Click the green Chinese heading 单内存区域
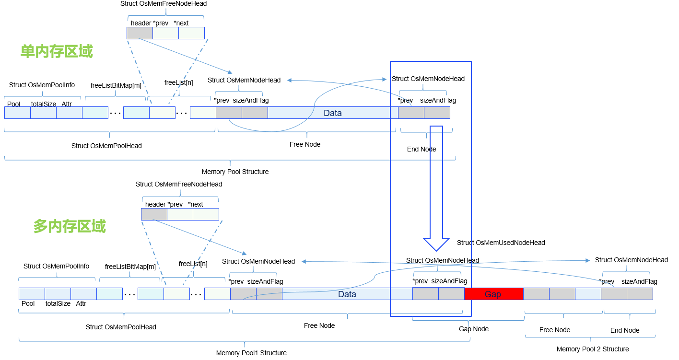57,52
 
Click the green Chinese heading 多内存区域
70,226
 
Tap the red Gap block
493,294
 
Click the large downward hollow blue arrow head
436,244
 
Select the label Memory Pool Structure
235,172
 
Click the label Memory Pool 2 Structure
593,349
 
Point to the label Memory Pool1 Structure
251,353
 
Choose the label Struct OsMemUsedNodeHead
501,243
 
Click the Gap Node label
473,329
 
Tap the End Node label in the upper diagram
421,149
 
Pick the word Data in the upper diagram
333,113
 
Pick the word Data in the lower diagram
347,294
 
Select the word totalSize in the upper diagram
44,104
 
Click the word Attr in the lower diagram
81,303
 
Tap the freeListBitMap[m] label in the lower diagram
130,267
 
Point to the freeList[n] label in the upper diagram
179,82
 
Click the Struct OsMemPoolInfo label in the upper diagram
42,85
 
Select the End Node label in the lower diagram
625,330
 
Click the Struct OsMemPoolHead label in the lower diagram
121,327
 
